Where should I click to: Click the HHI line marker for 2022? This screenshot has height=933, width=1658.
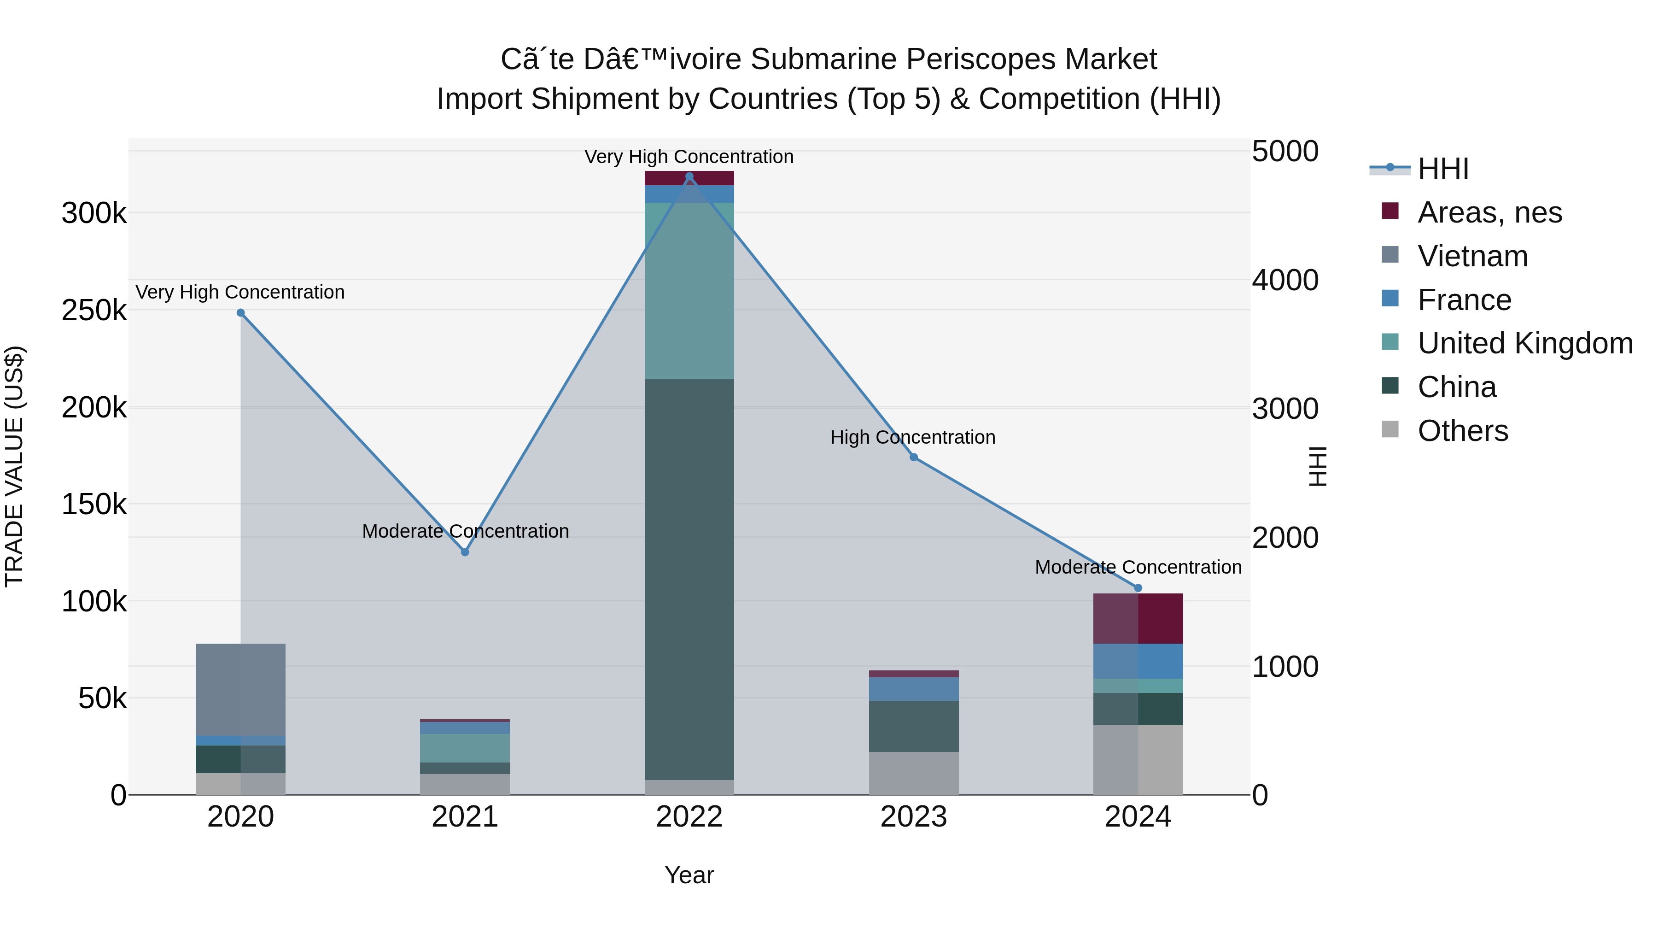coord(689,176)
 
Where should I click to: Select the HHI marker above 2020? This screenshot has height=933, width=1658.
coord(241,313)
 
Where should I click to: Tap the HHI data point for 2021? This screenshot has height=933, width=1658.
coord(465,552)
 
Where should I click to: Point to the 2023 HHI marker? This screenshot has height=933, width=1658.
coord(913,457)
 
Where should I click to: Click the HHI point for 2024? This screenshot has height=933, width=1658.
coord(1138,588)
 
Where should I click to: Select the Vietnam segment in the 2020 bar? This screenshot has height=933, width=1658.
coord(241,689)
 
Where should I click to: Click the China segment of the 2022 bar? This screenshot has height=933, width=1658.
coord(689,580)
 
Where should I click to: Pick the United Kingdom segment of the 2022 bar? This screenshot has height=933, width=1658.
coord(689,290)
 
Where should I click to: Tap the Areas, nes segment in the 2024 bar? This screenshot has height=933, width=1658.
coord(1138,618)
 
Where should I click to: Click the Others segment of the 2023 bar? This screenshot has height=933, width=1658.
coord(913,773)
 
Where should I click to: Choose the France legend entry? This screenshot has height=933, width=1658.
coord(1464,300)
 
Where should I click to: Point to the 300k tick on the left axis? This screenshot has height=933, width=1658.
coord(94,213)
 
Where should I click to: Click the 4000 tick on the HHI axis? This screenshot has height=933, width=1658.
coord(1284,280)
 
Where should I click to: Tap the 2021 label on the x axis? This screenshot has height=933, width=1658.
coord(465,817)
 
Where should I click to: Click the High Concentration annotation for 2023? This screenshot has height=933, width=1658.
coord(913,437)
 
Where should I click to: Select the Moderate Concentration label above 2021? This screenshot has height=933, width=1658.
coord(465,531)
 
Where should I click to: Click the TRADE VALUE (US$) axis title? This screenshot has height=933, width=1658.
coord(14,466)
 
